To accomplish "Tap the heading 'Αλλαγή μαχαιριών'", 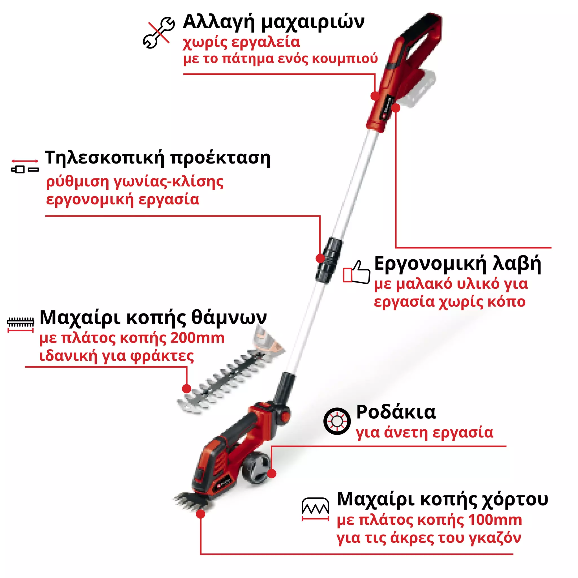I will [x=273, y=22].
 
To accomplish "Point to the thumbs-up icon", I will [x=357, y=272].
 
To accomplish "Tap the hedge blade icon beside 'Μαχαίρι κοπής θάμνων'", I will [x=20, y=324].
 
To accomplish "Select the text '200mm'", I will [x=197, y=338].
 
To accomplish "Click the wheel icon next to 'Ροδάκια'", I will [x=337, y=421].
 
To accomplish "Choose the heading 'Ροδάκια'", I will [x=396, y=412].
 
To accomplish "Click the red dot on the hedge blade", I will [x=187, y=389].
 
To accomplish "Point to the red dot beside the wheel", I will [x=272, y=474].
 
